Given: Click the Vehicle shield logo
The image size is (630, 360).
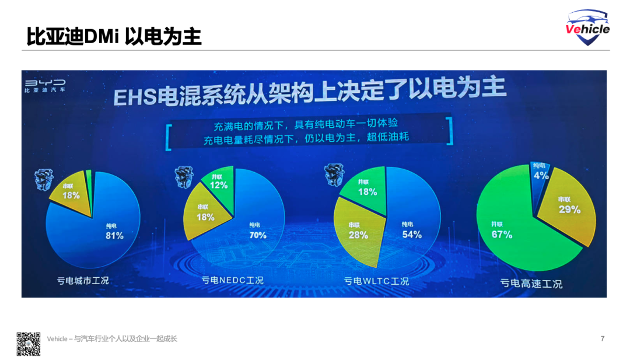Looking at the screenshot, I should click(x=587, y=27).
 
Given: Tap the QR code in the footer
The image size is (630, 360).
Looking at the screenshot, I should click(x=28, y=344).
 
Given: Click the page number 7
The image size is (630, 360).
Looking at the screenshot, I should click(x=603, y=339).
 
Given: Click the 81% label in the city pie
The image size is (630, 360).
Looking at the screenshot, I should click(x=114, y=236).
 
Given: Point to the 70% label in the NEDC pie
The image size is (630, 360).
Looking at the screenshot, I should click(x=257, y=235).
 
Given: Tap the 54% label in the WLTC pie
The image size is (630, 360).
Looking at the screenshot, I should click(x=412, y=235).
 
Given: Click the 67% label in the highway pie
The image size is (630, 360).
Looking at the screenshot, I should click(x=501, y=235).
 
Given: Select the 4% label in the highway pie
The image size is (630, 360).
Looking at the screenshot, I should click(x=541, y=175).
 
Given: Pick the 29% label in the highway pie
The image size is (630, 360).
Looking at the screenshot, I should click(x=569, y=209).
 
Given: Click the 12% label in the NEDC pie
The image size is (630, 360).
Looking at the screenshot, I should click(x=219, y=185).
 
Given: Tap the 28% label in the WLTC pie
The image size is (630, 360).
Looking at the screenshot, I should click(x=358, y=235).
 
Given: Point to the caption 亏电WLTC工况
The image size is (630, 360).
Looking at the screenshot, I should click(x=376, y=281).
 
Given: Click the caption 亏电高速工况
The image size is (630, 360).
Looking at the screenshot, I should click(x=531, y=284).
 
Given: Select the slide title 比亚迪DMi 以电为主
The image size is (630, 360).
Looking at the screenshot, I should click(x=114, y=36).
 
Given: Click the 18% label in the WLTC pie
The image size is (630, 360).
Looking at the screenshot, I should click(x=367, y=191).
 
